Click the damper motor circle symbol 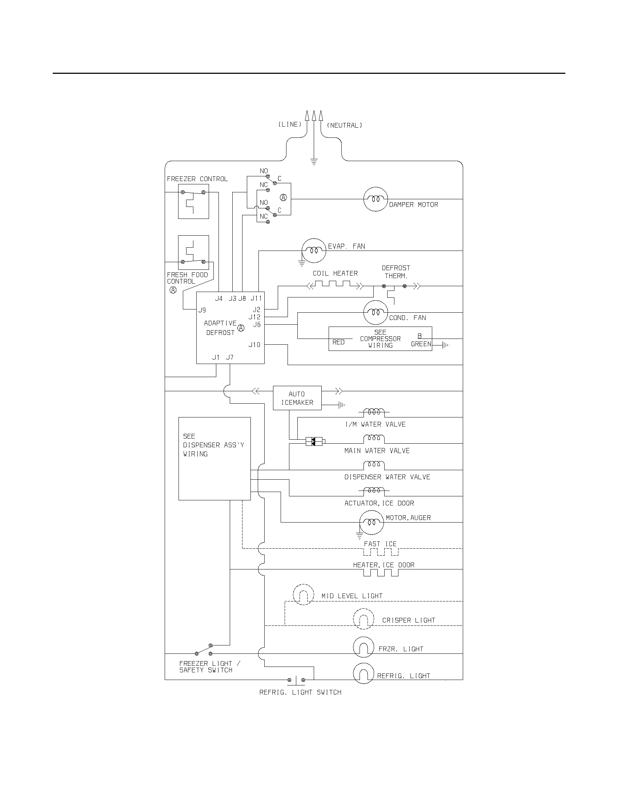[x=375, y=199]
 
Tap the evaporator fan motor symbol [x=314, y=251]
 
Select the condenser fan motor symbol [x=375, y=312]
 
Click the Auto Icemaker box [x=297, y=398]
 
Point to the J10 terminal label [x=254, y=345]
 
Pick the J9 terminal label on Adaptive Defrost [x=202, y=310]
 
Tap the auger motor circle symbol [x=371, y=522]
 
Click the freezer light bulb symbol [x=364, y=647]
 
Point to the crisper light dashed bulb [x=364, y=619]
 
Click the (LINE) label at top [x=290, y=124]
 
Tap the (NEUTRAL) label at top [x=344, y=126]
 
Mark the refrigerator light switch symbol [x=296, y=680]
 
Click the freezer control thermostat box [x=193, y=201]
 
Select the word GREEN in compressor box [x=421, y=344]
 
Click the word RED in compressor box [x=338, y=342]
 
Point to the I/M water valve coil [x=374, y=412]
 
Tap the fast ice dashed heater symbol [x=381, y=552]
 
